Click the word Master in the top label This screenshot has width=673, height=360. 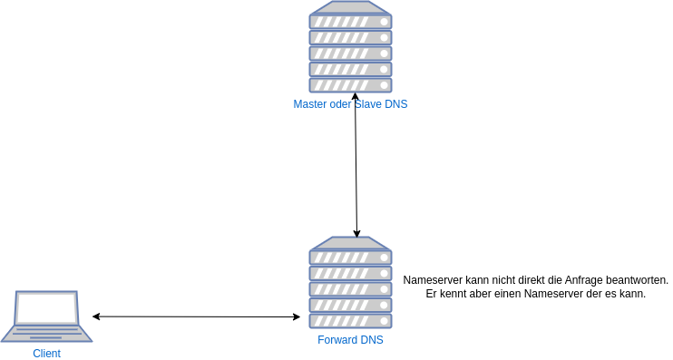click(309, 104)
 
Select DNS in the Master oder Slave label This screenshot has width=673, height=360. click(396, 104)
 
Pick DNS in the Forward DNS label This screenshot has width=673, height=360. click(372, 340)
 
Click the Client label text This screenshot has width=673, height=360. click(46, 354)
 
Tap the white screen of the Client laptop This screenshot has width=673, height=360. click(46, 308)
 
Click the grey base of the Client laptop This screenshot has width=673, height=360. click(46, 335)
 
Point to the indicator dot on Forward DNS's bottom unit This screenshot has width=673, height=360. click(385, 321)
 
